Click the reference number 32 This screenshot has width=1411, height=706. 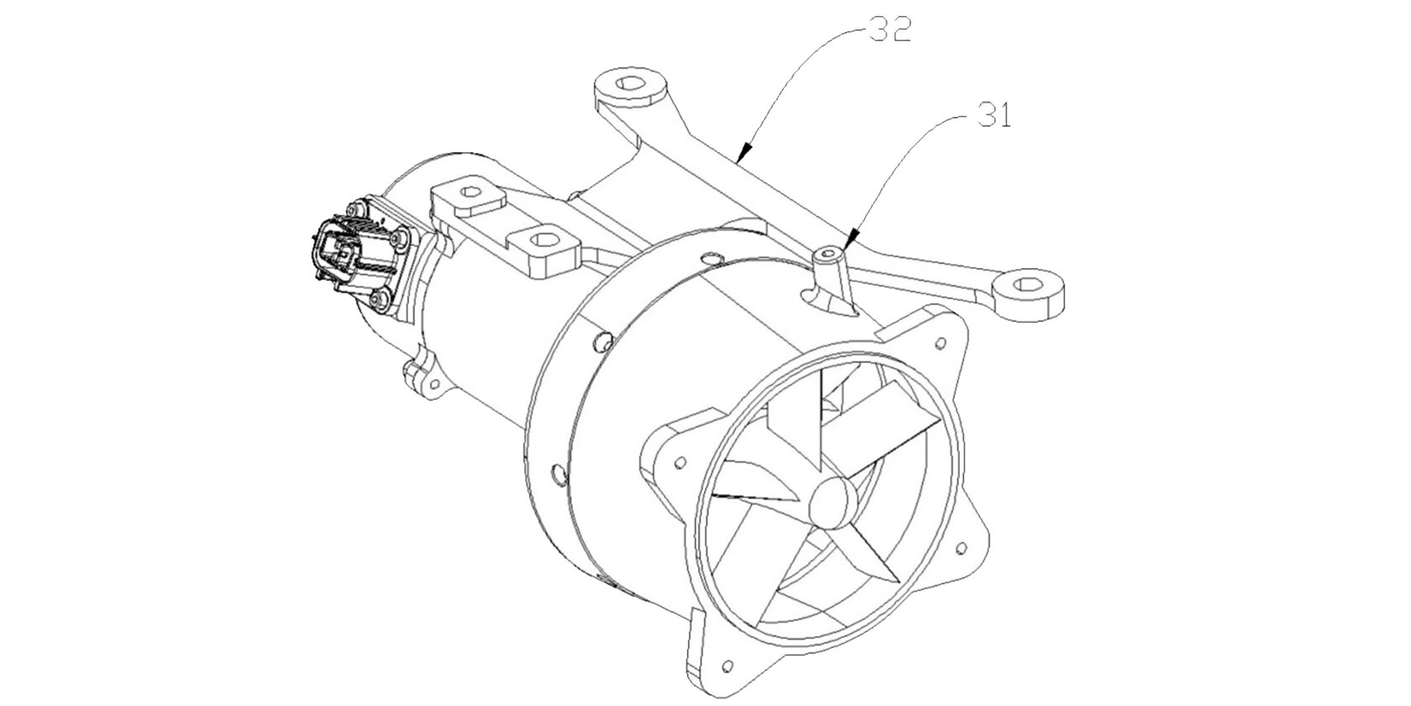pyautogui.click(x=890, y=29)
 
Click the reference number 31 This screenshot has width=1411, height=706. pyautogui.click(x=994, y=114)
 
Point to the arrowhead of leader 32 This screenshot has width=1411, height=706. pyautogui.click(x=744, y=151)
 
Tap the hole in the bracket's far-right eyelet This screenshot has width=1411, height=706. pyautogui.click(x=1030, y=286)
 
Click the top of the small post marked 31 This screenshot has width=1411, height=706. pyautogui.click(x=827, y=254)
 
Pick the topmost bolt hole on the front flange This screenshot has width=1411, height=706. pyautogui.click(x=940, y=344)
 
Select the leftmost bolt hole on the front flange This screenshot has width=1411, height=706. pyautogui.click(x=680, y=463)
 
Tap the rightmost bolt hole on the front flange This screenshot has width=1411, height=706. pyautogui.click(x=961, y=548)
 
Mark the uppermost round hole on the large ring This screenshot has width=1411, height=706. pyautogui.click(x=711, y=258)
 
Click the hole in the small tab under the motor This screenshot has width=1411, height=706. pyautogui.click(x=433, y=383)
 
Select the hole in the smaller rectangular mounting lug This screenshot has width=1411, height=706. pyautogui.click(x=470, y=192)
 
